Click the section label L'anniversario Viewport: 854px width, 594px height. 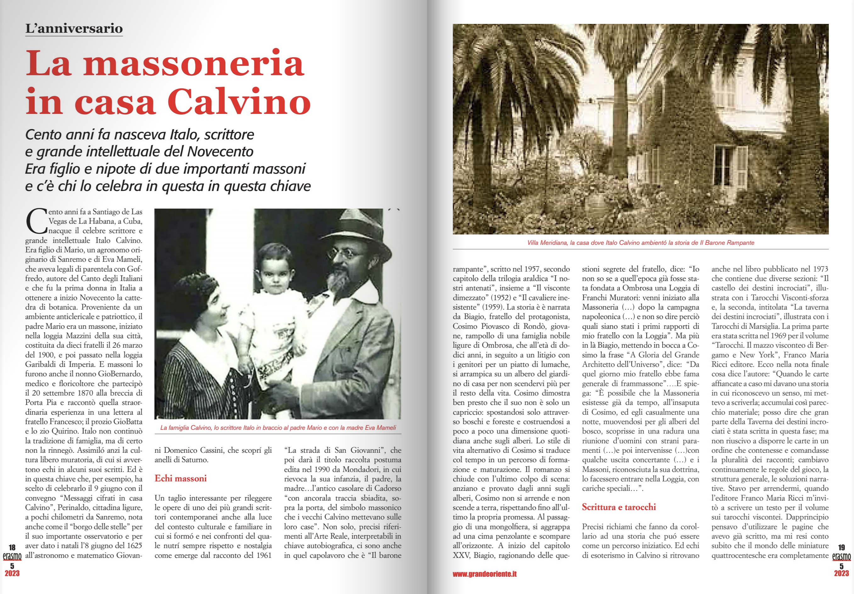click(x=74, y=28)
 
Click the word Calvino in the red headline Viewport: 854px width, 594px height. click(x=239, y=102)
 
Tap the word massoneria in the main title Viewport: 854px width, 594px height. click(x=194, y=63)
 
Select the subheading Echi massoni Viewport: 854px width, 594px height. click(x=180, y=478)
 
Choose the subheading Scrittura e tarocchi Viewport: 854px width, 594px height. click(x=619, y=507)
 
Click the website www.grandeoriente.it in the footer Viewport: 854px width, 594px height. click(x=484, y=574)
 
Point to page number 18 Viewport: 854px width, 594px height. click(x=12, y=547)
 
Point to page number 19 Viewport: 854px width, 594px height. click(x=841, y=547)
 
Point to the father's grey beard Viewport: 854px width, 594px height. click(x=339, y=281)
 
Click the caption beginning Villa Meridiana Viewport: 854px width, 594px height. click(x=641, y=243)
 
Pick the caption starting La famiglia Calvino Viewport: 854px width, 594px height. click(x=278, y=428)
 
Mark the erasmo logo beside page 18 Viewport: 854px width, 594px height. click(x=12, y=557)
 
